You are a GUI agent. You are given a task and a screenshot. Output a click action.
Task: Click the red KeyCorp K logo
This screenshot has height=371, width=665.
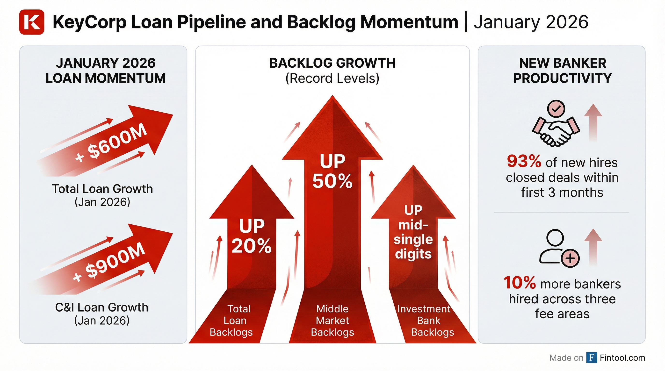(31, 22)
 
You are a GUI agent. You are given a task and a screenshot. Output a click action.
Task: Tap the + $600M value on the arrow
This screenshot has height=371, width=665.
(111, 143)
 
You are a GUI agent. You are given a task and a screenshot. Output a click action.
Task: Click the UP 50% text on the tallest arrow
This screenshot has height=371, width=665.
(332, 171)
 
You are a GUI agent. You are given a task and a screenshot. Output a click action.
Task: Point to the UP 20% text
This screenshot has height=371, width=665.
(252, 235)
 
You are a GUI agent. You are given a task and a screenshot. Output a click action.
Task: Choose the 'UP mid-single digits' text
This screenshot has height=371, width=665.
(413, 232)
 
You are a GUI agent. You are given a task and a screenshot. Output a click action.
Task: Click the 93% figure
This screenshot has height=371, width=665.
(524, 162)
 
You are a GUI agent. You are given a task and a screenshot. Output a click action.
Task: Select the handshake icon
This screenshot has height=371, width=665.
(556, 132)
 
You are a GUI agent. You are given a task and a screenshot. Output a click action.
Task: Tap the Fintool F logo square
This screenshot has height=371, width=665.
(592, 357)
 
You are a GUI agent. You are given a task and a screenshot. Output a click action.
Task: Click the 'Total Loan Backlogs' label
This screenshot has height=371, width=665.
(232, 321)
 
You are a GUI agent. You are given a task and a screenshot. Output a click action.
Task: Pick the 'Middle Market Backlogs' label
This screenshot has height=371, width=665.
(332, 321)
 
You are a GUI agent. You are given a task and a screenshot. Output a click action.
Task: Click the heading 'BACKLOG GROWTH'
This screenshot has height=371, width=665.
(332, 63)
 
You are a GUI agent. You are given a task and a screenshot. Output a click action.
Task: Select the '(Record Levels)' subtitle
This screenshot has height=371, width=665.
(332, 78)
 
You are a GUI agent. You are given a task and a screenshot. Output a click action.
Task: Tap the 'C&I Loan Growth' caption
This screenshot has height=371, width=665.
(102, 307)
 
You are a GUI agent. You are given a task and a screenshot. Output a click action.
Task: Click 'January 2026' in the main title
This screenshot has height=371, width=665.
(531, 22)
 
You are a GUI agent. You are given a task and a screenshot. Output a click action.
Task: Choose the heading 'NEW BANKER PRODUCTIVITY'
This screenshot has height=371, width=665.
(562, 71)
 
